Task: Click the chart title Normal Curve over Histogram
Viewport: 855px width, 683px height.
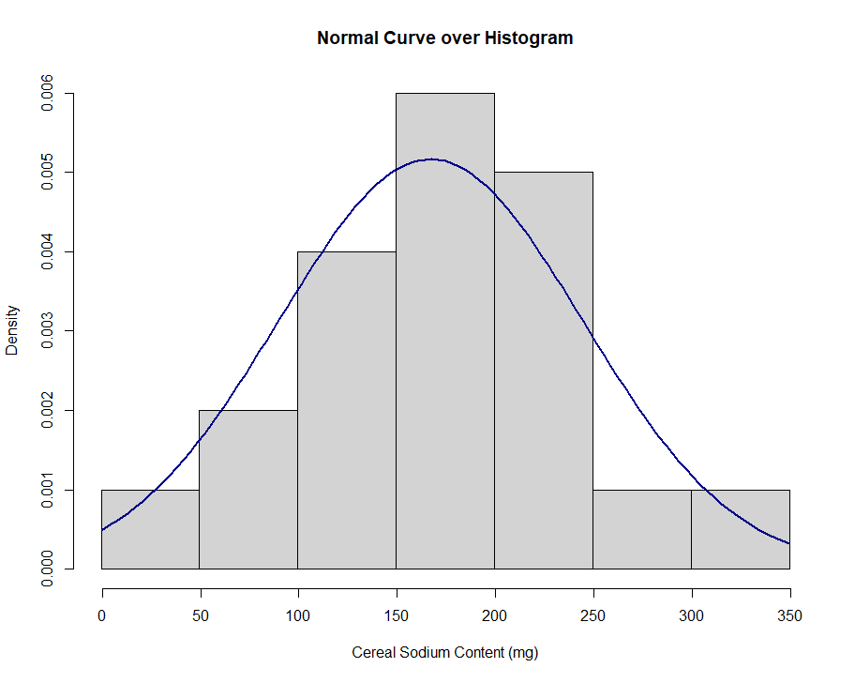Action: click(x=444, y=38)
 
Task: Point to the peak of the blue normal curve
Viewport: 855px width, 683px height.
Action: click(x=432, y=159)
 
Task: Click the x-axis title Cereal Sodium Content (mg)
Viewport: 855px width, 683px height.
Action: click(x=444, y=652)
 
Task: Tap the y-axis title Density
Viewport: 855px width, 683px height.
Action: click(x=12, y=330)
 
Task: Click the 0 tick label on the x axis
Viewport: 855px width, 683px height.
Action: click(x=101, y=615)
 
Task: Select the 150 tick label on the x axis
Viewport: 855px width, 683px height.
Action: click(x=396, y=615)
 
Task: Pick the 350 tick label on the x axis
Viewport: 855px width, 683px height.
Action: click(x=789, y=615)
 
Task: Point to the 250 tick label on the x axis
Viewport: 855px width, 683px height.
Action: click(x=592, y=615)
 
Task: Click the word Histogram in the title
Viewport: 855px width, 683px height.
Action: click(x=528, y=38)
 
